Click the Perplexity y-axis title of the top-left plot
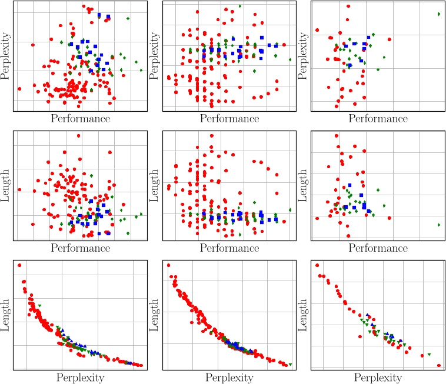tap(6, 56)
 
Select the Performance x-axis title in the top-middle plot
tap(229, 118)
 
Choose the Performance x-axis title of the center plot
tap(229, 248)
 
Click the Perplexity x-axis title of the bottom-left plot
tap(80, 377)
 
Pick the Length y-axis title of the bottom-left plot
tap(6, 314)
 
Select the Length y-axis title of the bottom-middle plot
tap(155, 314)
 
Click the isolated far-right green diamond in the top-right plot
tap(439, 14)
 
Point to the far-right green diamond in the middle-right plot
tap(439, 225)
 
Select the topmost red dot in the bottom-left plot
tap(19, 265)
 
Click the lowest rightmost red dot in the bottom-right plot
tap(439, 365)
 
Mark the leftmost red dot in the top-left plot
tap(19, 89)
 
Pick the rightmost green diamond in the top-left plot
tap(141, 70)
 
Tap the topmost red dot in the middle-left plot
tap(79, 136)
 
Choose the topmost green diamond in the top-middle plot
tap(240, 6)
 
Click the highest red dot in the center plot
tap(212, 136)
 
